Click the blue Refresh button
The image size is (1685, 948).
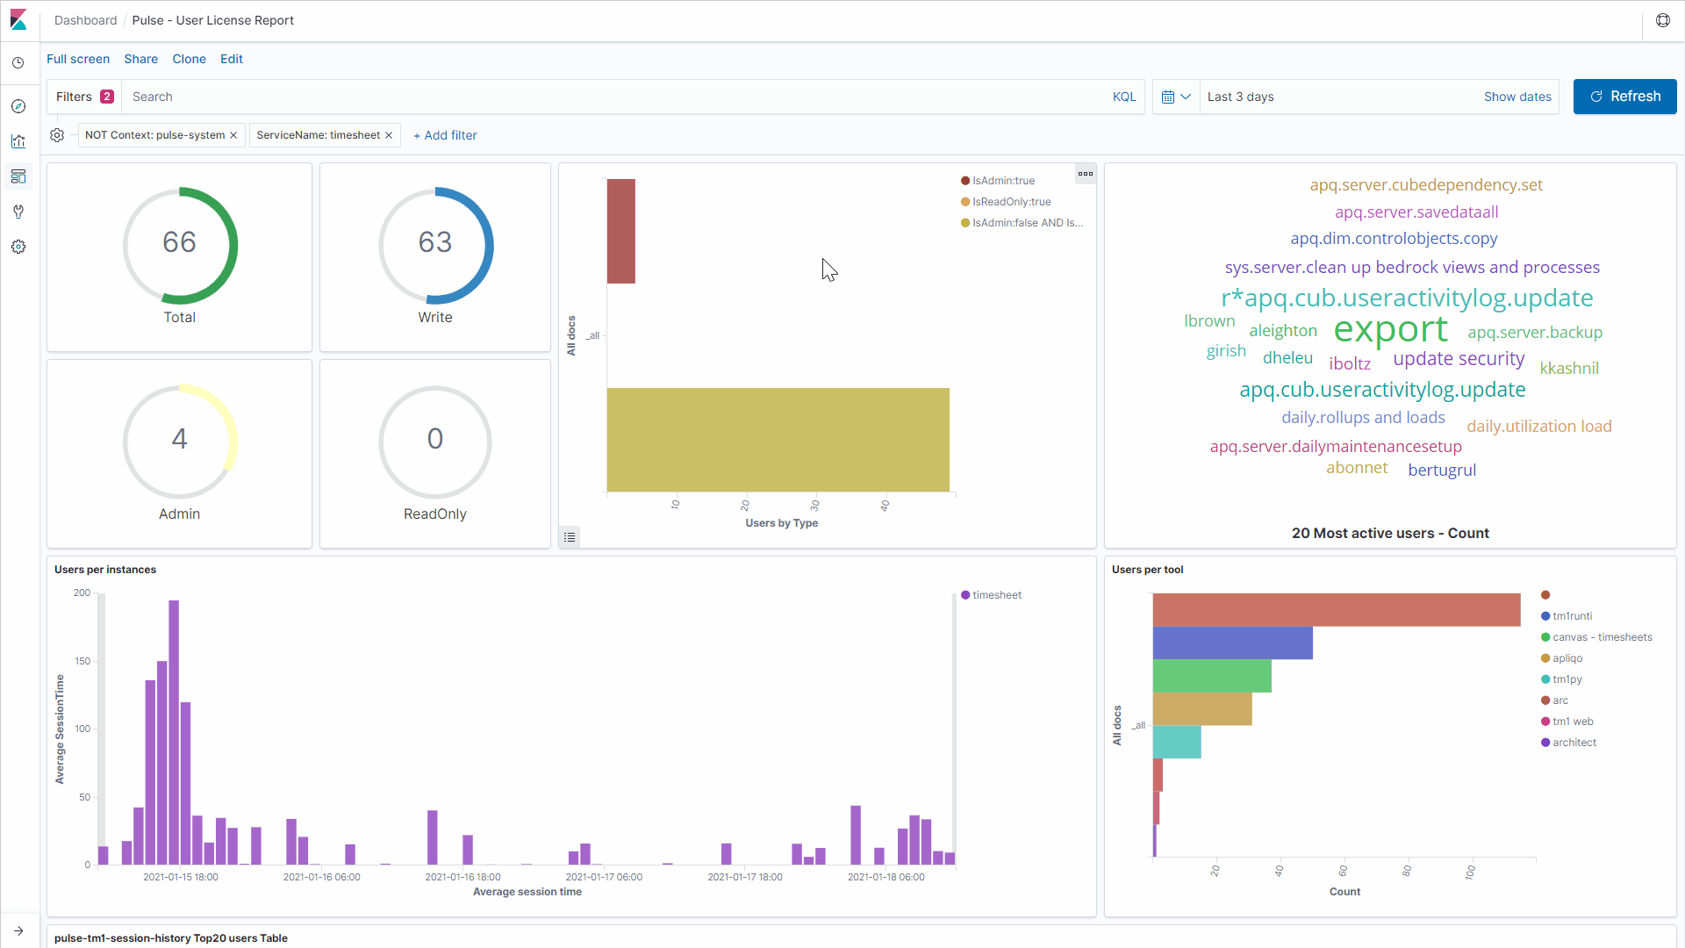1624,97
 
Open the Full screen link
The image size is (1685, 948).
78,59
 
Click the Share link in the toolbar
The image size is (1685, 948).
140,59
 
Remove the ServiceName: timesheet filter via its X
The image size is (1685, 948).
389,135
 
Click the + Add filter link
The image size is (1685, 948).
446,135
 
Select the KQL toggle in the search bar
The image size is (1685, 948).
1123,97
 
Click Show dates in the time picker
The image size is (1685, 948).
1516,97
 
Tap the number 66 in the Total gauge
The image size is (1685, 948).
179,242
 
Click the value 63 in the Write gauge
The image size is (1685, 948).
434,242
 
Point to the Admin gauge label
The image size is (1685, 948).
179,514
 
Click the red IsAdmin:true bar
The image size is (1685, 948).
620,231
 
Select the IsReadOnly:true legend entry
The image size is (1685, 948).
1011,202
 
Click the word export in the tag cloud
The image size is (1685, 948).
1390,329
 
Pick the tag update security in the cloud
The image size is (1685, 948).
1458,359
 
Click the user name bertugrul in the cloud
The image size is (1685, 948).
1442,470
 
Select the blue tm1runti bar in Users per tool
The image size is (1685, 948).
1232,643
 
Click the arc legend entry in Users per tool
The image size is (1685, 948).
1560,700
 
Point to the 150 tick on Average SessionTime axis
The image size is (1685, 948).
82,661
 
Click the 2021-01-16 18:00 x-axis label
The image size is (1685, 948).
462,877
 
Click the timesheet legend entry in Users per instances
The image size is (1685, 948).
996,595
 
